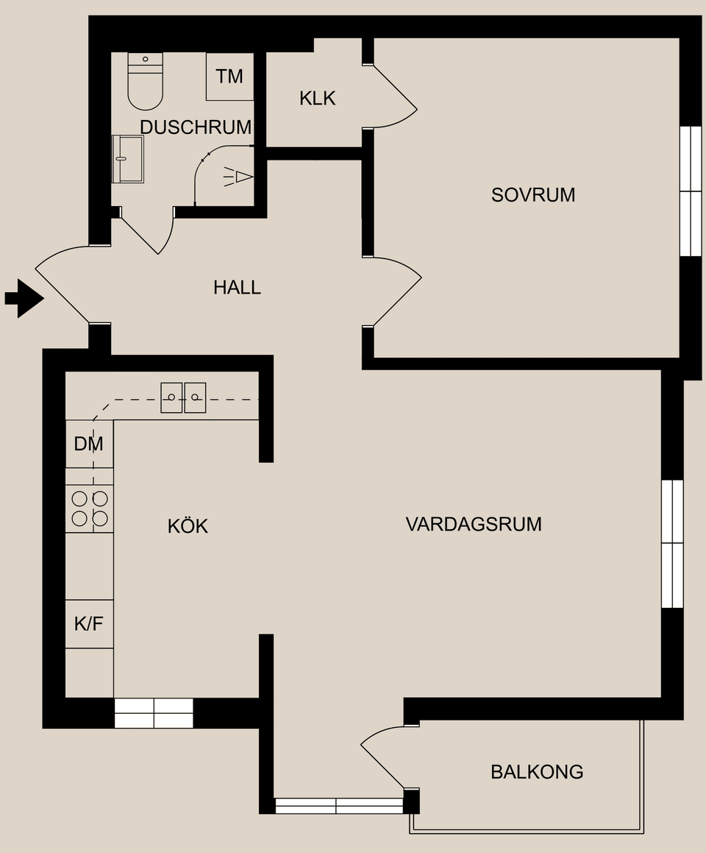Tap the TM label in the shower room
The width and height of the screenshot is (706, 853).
229,77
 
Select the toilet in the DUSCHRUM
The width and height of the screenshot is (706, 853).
145,82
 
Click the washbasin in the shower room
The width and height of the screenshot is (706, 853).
128,158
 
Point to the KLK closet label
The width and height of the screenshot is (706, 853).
317,98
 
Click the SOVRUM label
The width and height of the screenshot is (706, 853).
533,195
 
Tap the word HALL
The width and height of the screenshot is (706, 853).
237,287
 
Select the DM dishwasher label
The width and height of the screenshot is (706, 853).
89,444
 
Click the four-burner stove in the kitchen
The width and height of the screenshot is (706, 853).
90,509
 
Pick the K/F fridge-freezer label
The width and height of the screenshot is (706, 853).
89,624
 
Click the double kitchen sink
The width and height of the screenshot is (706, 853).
183,397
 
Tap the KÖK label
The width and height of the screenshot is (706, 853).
188,526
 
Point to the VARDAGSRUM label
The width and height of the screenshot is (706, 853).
474,524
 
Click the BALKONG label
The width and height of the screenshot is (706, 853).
537,771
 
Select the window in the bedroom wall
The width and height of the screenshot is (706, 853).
691,191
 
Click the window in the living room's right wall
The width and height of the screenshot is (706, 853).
672,543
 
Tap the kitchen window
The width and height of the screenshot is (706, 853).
154,713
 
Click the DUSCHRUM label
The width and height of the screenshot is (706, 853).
196,127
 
